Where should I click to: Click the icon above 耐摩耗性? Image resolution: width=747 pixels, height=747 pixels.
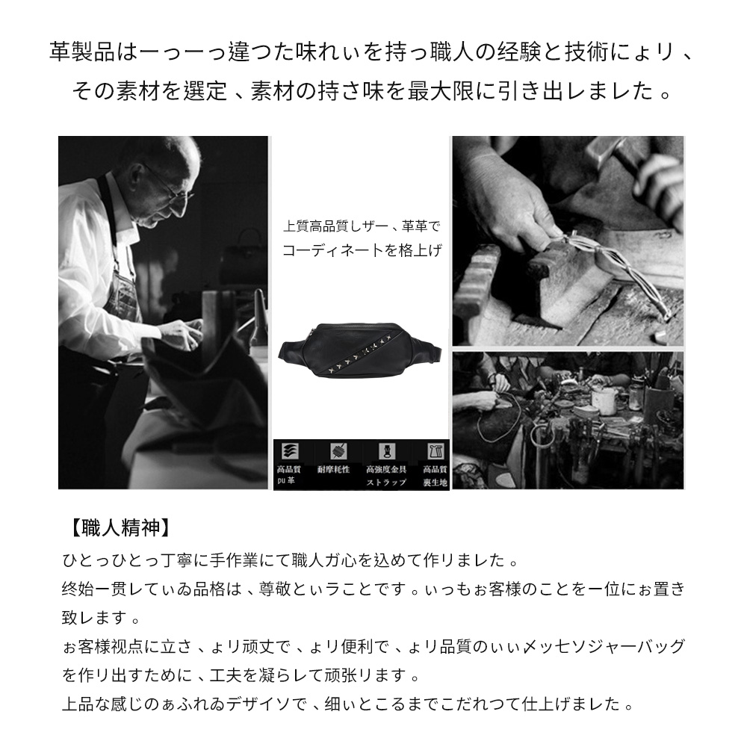[x=335, y=451]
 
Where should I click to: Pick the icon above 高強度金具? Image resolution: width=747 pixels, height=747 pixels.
[x=385, y=451]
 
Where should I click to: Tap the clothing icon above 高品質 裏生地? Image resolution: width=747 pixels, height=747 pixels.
[x=434, y=451]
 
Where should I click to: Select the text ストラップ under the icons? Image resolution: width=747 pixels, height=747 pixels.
[x=386, y=483]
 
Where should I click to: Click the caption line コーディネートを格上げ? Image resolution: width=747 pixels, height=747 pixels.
[x=362, y=251]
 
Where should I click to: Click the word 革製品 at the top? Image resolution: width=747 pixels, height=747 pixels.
[x=72, y=55]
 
